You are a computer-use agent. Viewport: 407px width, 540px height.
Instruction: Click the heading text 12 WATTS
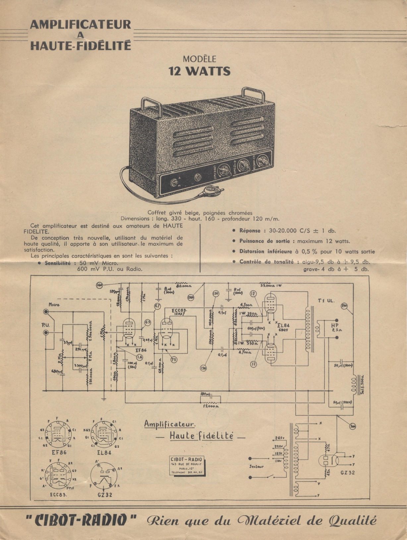pyautogui.click(x=200, y=71)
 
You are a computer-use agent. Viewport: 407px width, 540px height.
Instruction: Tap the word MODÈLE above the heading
pyautogui.click(x=200, y=59)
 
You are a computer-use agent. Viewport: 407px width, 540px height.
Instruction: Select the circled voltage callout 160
pyautogui.click(x=100, y=285)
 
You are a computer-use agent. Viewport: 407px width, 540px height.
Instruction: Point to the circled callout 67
pyautogui.click(x=157, y=307)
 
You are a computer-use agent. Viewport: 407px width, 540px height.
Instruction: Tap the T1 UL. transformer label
pyautogui.click(x=326, y=301)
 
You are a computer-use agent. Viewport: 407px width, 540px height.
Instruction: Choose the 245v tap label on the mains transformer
pyautogui.click(x=279, y=438)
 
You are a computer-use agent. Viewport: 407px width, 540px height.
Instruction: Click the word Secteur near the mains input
pyautogui.click(x=257, y=466)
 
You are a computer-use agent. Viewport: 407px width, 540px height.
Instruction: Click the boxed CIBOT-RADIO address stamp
pyautogui.click(x=187, y=466)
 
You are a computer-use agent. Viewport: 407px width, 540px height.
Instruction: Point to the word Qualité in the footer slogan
pyautogui.click(x=352, y=520)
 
